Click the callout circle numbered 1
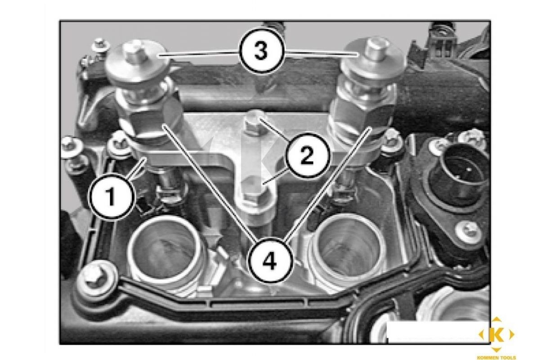tap(112, 196)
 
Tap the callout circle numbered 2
tap(307, 156)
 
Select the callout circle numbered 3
tap(261, 51)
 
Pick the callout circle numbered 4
tap(270, 261)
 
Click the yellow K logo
tap(496, 334)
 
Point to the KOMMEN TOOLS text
tap(496, 357)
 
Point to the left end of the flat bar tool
tap(146, 159)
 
